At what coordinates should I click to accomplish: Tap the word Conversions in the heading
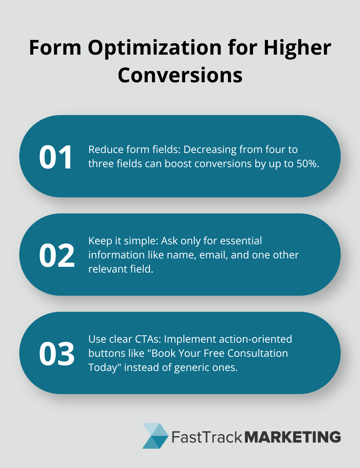click(x=180, y=75)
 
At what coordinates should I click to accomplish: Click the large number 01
click(x=56, y=157)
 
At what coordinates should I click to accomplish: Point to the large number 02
click(x=57, y=255)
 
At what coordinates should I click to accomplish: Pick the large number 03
click(x=57, y=354)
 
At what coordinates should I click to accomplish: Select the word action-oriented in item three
click(x=255, y=339)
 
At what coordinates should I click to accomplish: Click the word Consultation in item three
click(x=257, y=354)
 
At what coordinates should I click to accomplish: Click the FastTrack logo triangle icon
click(x=155, y=436)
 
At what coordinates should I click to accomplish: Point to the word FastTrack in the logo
click(x=207, y=437)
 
